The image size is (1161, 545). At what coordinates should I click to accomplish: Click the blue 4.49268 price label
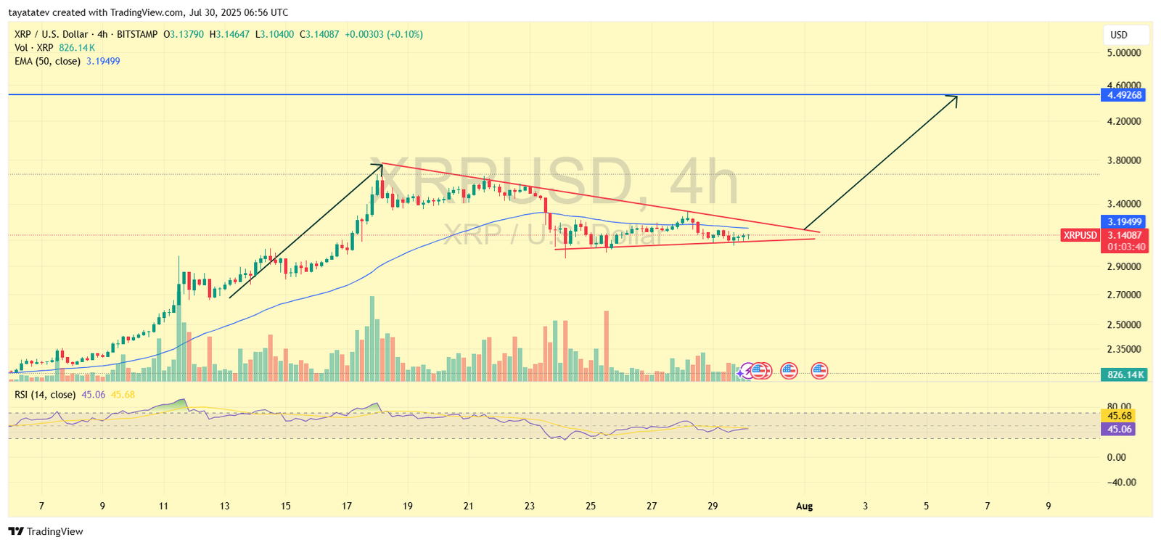[1123, 95]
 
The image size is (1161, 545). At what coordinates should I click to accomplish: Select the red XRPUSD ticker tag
[1080, 235]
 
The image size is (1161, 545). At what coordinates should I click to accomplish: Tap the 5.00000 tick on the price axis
[1123, 53]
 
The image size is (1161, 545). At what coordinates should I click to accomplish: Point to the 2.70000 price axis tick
[1123, 295]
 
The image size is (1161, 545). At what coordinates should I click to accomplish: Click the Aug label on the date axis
[804, 506]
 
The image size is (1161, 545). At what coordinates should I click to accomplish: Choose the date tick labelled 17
[347, 506]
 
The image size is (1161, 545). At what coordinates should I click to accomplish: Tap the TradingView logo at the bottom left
[46, 531]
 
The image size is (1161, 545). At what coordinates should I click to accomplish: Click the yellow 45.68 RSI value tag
[1118, 416]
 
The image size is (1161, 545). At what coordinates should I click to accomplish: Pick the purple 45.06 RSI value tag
[1118, 429]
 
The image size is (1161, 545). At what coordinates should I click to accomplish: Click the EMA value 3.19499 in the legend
[103, 62]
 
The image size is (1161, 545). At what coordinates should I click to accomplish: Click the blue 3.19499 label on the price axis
[1123, 222]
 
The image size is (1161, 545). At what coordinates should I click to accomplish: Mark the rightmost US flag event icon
[819, 371]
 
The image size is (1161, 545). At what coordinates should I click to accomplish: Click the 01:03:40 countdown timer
[1126, 247]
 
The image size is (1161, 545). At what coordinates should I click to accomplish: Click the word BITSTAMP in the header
[137, 34]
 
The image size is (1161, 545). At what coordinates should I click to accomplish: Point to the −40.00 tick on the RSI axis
[1120, 482]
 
